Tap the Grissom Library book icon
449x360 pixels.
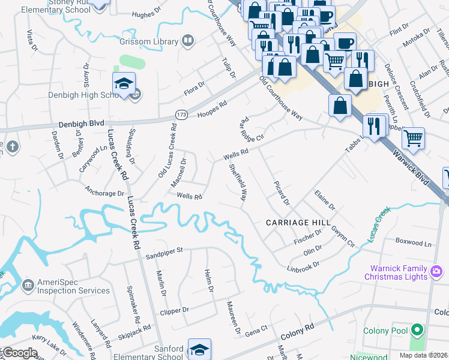188,41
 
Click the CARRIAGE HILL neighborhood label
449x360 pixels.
298,222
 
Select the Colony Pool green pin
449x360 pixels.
417,330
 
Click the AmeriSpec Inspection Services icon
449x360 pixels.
28,284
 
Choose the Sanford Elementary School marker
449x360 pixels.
199,350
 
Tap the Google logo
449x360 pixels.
20,353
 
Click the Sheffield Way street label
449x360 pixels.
238,182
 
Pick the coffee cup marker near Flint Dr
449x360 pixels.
345,43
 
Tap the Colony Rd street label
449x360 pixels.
297,329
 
